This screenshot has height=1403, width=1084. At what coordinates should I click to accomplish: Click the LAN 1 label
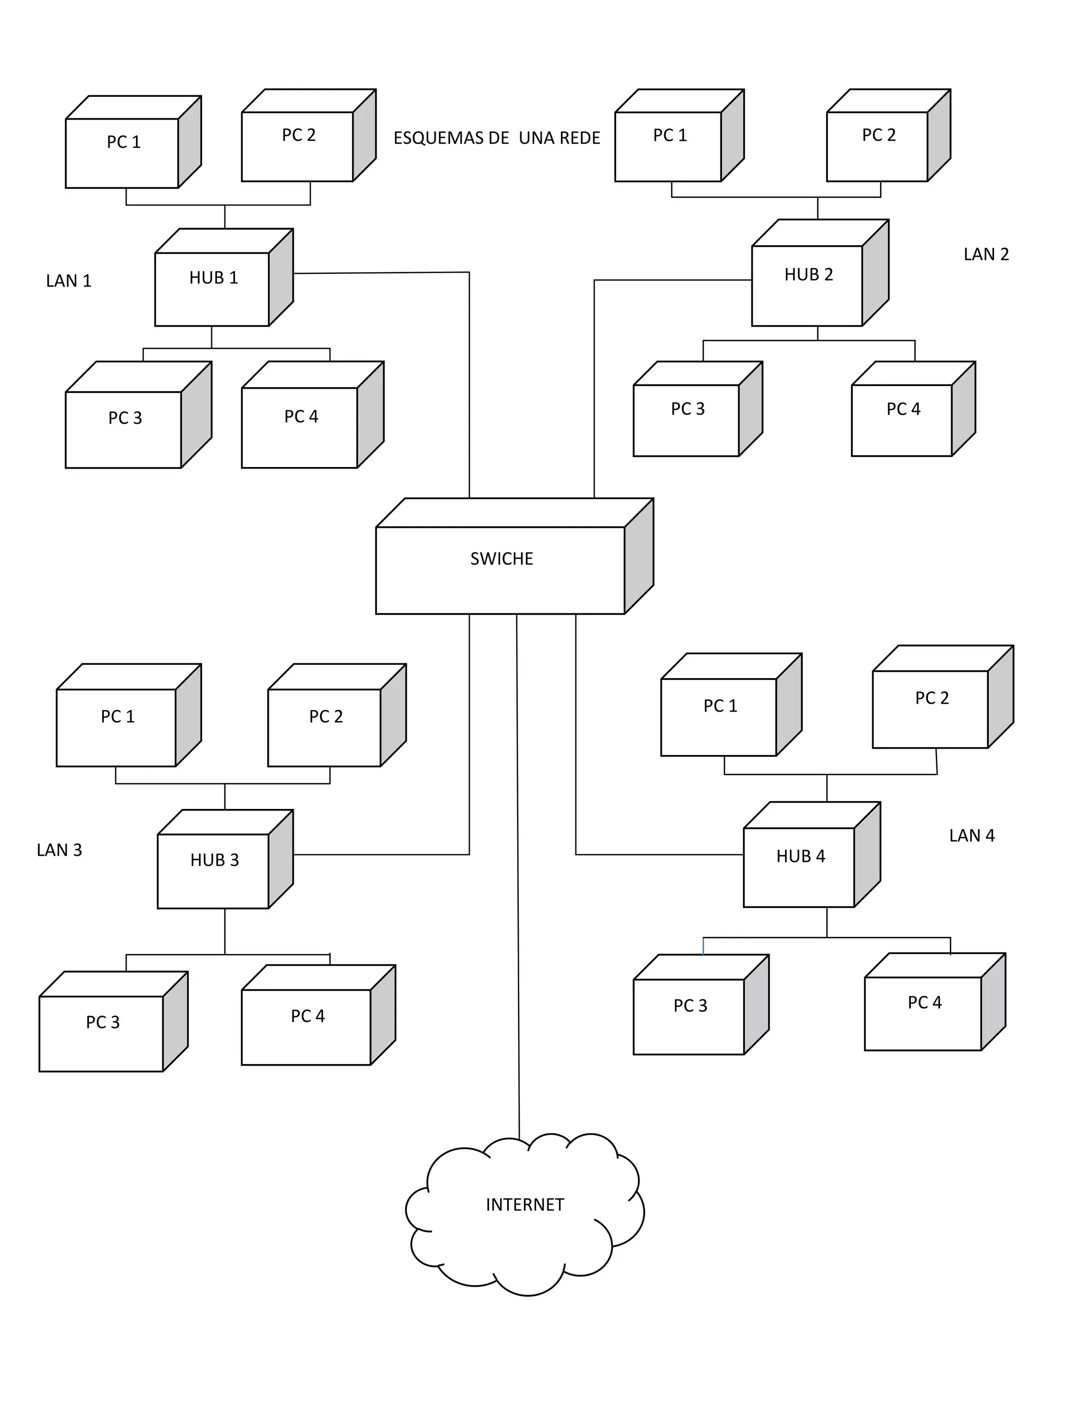(x=69, y=281)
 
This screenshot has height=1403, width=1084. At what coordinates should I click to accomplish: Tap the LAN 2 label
(x=986, y=254)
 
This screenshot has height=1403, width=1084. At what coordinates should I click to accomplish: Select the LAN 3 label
(x=59, y=850)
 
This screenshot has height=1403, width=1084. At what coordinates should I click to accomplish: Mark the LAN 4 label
(x=972, y=835)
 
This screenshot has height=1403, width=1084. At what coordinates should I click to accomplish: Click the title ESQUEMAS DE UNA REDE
(x=496, y=138)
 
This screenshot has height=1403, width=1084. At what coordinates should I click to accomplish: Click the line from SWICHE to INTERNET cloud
(x=518, y=900)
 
